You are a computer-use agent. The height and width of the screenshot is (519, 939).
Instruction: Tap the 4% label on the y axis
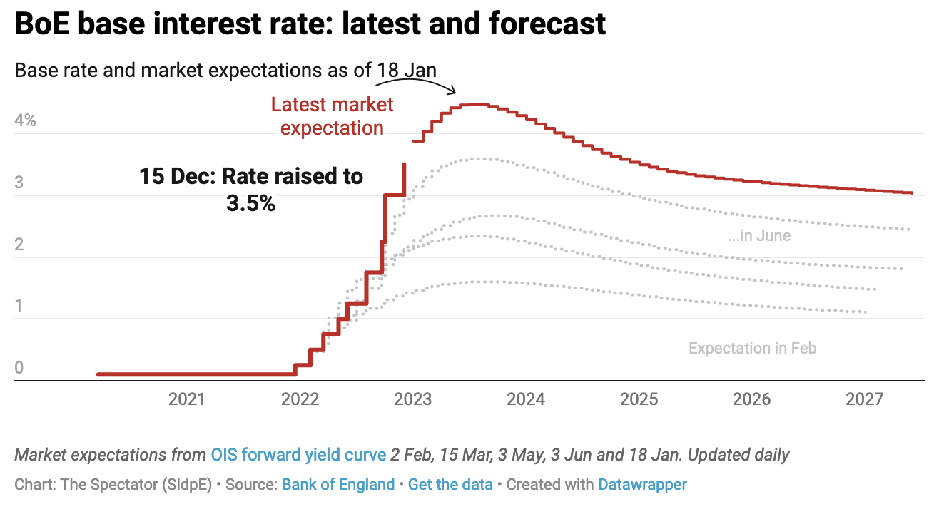(x=25, y=120)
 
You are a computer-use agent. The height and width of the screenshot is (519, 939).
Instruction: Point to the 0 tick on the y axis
(x=19, y=368)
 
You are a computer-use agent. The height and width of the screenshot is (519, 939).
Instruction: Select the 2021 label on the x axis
(x=187, y=399)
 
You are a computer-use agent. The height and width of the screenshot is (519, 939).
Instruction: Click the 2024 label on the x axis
(x=526, y=399)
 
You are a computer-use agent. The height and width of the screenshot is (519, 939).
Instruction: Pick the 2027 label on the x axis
(x=865, y=399)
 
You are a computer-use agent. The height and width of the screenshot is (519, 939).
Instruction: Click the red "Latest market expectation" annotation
(x=332, y=116)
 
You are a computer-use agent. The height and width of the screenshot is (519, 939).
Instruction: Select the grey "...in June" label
(x=759, y=235)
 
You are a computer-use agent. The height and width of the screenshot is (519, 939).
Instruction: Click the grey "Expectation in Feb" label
(x=752, y=349)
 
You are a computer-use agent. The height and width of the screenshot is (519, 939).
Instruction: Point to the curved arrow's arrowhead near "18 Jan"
(x=452, y=91)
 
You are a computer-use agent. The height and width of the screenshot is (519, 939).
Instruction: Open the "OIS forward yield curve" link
(x=298, y=455)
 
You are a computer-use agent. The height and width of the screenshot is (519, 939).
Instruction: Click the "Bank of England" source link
(x=338, y=485)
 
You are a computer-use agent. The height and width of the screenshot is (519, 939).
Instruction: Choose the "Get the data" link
(x=450, y=485)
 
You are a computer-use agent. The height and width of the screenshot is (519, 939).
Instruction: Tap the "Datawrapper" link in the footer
(x=642, y=485)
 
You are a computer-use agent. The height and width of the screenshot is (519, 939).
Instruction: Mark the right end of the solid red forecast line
(x=911, y=192)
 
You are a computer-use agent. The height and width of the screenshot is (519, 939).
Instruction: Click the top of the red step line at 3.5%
(x=405, y=165)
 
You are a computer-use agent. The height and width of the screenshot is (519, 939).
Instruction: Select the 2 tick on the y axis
(x=19, y=245)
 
